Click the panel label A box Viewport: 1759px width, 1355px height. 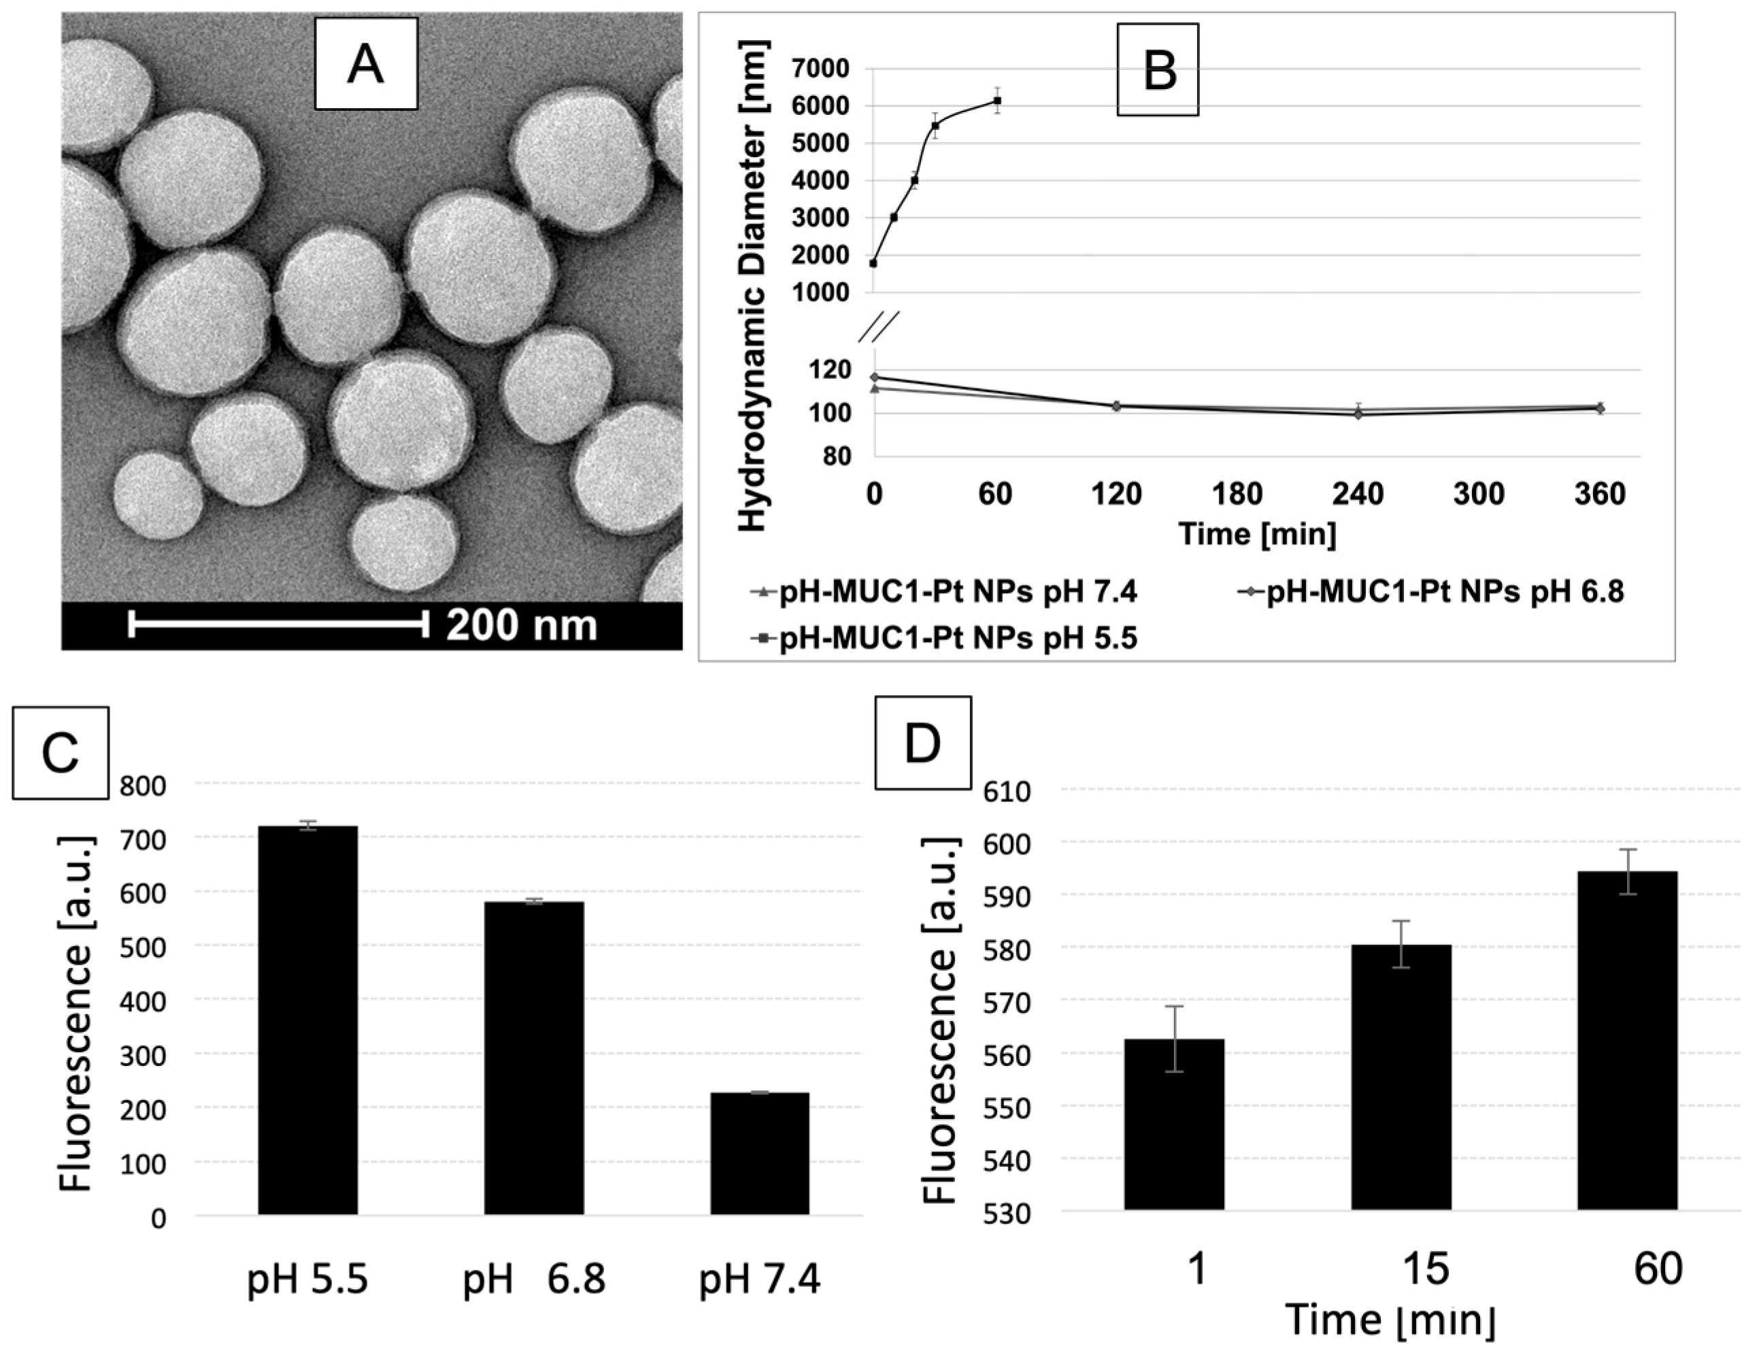click(366, 65)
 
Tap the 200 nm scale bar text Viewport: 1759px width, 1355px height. click(522, 625)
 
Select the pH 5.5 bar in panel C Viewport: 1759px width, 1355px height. click(307, 1019)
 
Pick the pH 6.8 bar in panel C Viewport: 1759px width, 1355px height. click(534, 1057)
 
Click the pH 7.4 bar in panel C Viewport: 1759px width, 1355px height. click(760, 1152)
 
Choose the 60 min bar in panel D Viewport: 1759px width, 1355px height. click(1627, 1039)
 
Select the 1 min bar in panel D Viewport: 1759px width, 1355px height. click(1174, 1123)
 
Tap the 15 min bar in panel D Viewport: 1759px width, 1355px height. click(1401, 1076)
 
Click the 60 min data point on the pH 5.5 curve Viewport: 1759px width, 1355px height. click(997, 101)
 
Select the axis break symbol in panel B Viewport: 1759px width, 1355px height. click(879, 328)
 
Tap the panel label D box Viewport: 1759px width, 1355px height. click(923, 743)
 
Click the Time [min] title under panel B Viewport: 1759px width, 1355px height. click(1256, 533)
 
